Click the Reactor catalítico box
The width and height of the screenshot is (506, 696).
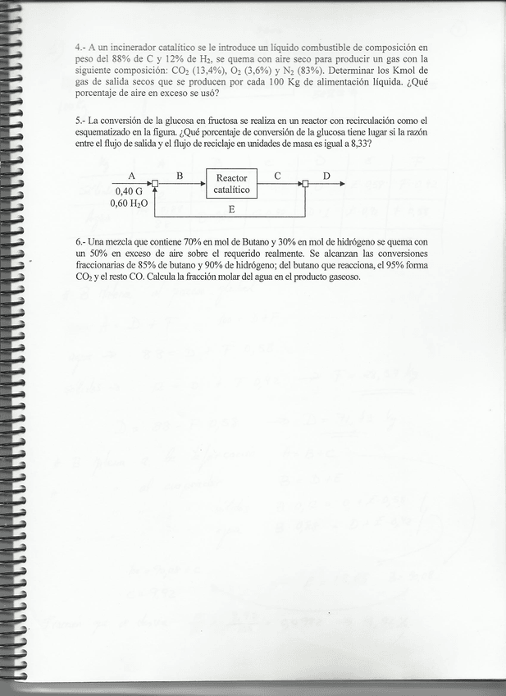pos(231,184)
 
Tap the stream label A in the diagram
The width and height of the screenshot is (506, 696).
pos(131,176)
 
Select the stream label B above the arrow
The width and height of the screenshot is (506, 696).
pos(179,176)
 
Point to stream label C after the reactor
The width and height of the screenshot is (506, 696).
pos(278,176)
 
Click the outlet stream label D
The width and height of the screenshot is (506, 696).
pos(326,176)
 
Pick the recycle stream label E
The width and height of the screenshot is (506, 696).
pos(231,209)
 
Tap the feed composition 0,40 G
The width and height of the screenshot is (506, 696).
pos(128,192)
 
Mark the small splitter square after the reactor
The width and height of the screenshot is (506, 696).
pos(304,184)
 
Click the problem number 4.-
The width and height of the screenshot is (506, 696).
pos(80,48)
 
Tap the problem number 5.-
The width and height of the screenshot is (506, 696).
pos(80,120)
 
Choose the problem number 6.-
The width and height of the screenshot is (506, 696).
pos(80,243)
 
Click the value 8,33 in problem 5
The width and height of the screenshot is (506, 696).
pos(359,143)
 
